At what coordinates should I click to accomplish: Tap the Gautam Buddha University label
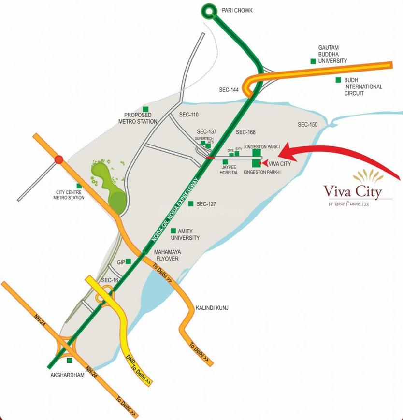[x=332, y=55]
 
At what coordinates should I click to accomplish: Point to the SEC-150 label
[x=307, y=125]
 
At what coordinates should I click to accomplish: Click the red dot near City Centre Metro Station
[x=58, y=159]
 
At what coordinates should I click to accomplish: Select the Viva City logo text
[x=352, y=191]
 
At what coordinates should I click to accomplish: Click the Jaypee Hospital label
[x=229, y=169]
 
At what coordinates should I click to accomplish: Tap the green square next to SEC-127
[x=191, y=203]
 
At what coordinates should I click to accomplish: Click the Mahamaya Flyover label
[x=166, y=256]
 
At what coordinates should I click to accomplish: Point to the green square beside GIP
[x=128, y=262]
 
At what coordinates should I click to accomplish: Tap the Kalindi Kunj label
[x=212, y=308]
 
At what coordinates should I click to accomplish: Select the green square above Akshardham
[x=69, y=361]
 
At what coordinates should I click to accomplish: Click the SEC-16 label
[x=110, y=280]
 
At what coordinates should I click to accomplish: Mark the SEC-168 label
[x=245, y=132]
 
